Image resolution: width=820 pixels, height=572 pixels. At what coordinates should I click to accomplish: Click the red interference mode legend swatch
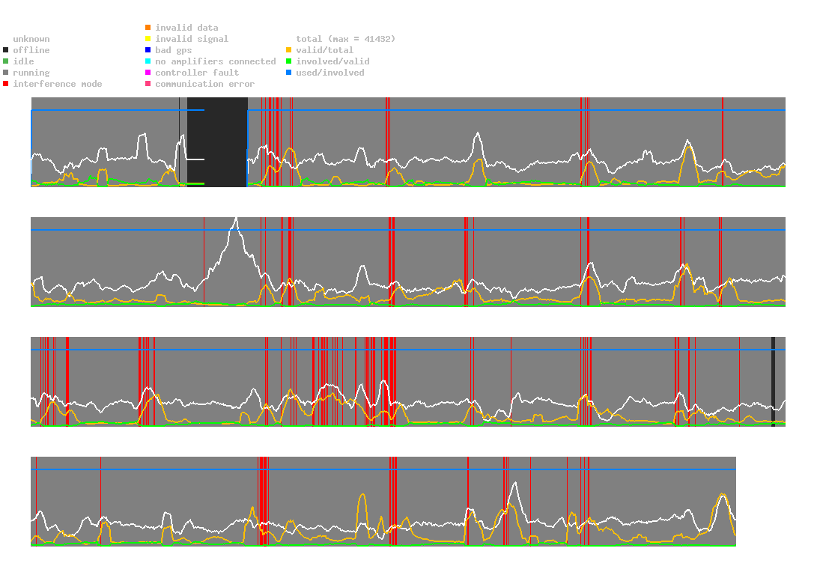[x=5, y=84]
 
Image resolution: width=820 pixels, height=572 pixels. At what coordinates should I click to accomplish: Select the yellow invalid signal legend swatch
[x=148, y=39]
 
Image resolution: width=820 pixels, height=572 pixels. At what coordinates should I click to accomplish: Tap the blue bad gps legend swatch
[x=148, y=50]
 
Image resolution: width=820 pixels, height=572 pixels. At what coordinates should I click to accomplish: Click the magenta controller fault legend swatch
[x=148, y=73]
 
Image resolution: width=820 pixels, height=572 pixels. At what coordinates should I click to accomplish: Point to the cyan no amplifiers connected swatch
[x=148, y=61]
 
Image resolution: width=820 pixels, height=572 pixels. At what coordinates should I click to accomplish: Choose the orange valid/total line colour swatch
[x=288, y=50]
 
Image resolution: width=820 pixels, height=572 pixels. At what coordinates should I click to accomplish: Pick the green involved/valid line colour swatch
[x=288, y=61]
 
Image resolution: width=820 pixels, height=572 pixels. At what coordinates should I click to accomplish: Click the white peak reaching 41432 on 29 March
[x=237, y=218]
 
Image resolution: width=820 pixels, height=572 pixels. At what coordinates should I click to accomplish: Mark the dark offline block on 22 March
[x=217, y=142]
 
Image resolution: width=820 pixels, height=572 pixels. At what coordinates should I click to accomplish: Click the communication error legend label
[x=204, y=84]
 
